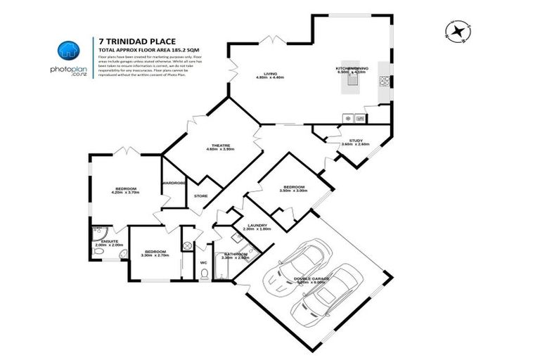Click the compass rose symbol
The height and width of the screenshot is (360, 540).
(x=458, y=30)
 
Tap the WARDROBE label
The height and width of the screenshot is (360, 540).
(x=174, y=183)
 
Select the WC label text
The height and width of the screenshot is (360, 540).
(x=203, y=262)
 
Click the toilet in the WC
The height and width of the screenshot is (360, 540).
(x=203, y=276)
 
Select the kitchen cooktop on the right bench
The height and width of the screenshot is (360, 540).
(x=385, y=80)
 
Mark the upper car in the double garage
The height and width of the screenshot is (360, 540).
(x=297, y=268)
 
